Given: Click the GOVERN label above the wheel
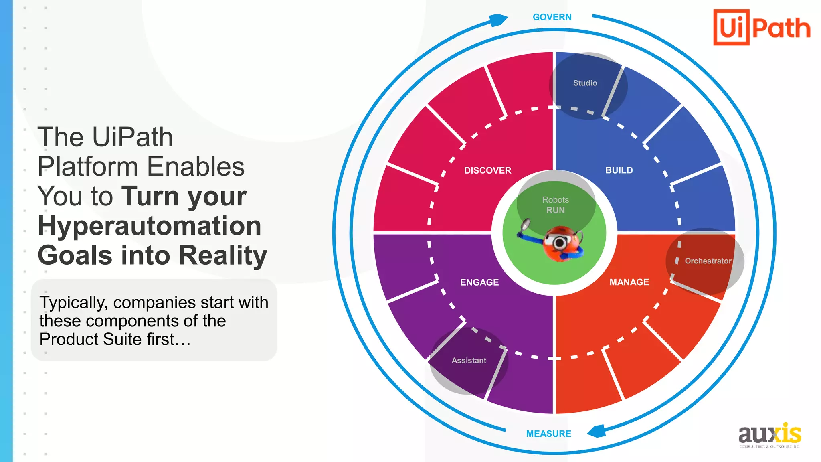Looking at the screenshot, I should [552, 17].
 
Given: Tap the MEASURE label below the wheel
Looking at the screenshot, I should [548, 434].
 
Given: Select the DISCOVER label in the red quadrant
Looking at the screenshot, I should [487, 170].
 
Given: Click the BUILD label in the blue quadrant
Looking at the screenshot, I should [619, 170].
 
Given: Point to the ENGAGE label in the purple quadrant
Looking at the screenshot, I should [479, 282].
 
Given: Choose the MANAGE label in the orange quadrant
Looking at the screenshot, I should [629, 282].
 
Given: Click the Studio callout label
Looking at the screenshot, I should [585, 83].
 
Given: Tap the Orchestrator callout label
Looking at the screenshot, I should [708, 261].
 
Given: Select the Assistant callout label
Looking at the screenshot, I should [469, 361].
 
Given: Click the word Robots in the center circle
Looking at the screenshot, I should [555, 200].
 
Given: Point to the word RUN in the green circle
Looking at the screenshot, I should [555, 210].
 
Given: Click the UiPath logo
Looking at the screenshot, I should [762, 28].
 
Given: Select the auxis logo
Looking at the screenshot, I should [769, 435].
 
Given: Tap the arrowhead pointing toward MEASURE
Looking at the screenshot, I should [597, 431].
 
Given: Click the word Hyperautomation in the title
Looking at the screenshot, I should [149, 226].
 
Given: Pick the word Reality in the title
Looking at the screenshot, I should [222, 255].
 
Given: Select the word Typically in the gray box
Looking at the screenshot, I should [73, 302].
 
